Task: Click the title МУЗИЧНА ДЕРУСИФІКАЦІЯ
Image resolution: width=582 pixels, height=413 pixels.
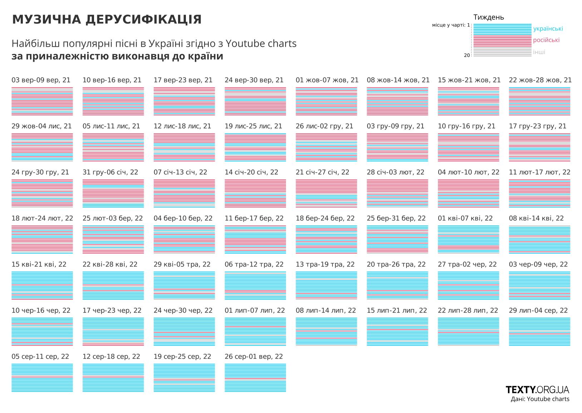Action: click(107, 20)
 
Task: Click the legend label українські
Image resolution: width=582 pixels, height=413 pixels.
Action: click(548, 29)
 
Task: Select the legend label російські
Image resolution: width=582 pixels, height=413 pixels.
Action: click(546, 40)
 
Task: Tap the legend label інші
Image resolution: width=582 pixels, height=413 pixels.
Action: click(539, 52)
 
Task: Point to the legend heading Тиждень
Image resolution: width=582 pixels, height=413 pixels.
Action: click(488, 17)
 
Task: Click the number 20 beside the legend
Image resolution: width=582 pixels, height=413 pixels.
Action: click(467, 55)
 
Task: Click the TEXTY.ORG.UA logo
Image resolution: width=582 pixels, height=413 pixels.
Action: click(537, 389)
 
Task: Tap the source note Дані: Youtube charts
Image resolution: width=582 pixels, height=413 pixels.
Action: click(540, 399)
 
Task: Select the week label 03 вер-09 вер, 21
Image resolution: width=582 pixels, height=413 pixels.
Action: click(41, 80)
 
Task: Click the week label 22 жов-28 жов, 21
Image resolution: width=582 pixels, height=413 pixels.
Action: click(540, 80)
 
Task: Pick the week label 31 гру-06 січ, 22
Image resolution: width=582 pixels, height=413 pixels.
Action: click(110, 172)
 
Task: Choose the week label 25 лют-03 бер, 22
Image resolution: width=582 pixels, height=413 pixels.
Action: click(113, 218)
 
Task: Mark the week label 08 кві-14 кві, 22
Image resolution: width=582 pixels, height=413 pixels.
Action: click(536, 218)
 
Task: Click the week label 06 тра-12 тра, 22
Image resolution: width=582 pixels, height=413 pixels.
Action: click(254, 264)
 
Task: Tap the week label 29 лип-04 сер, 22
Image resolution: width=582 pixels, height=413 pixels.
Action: click(538, 310)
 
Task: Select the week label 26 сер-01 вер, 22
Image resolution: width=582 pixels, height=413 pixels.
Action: click(253, 357)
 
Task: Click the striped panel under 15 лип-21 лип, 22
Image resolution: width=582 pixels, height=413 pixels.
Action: click(397, 332)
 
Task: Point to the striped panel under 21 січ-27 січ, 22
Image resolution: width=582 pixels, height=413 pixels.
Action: click(326, 193)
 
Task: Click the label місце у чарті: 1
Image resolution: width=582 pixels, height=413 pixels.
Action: click(451, 25)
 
